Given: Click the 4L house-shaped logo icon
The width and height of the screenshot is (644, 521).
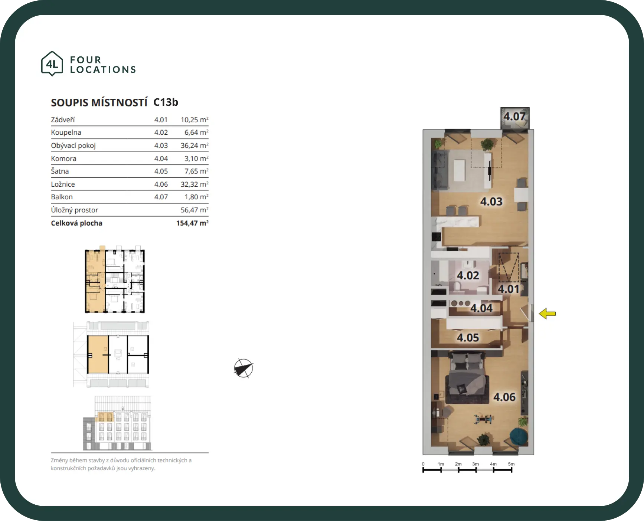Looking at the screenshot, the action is click(x=52, y=64).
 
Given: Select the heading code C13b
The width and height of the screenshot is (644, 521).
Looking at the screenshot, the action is click(x=166, y=102).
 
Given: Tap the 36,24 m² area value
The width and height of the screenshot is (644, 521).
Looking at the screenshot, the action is click(x=194, y=145).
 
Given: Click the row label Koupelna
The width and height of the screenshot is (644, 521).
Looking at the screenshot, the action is click(x=66, y=132).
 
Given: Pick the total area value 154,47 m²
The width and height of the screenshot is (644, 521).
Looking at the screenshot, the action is click(x=192, y=223).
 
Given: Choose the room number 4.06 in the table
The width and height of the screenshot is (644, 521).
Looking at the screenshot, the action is click(x=161, y=184).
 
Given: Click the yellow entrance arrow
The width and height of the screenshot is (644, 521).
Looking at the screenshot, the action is click(x=547, y=314).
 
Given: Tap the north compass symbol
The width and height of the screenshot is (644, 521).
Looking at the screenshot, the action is click(x=243, y=368).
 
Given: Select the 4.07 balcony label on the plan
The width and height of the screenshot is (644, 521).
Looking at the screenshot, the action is click(x=514, y=117).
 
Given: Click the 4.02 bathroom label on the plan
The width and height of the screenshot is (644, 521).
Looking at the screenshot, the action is click(x=468, y=276).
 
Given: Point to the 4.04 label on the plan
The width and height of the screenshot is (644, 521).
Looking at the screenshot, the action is click(x=481, y=308).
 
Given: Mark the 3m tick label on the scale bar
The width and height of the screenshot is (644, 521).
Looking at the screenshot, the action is click(x=475, y=464).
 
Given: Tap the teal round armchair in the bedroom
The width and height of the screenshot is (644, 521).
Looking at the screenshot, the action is click(x=519, y=436).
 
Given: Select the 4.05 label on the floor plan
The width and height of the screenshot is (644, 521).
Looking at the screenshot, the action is click(x=468, y=338).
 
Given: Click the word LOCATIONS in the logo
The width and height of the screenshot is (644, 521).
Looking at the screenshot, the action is click(x=103, y=70).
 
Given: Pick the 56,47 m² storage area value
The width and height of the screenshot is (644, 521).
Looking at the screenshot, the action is click(x=194, y=210).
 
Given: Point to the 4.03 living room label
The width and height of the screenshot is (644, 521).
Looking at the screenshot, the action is click(x=491, y=201).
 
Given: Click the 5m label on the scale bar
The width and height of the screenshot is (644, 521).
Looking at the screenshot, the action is click(x=511, y=464).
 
